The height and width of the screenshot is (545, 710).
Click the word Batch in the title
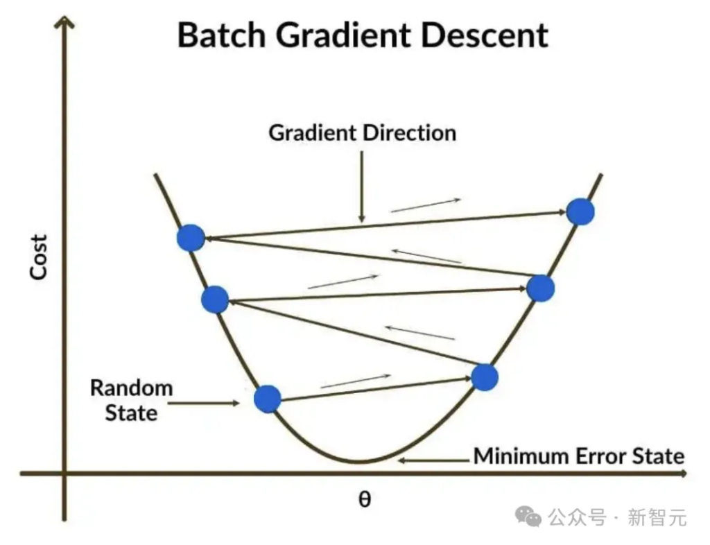[220, 35]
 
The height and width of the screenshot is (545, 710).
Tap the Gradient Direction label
[363, 132]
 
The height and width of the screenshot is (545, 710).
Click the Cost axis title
[39, 257]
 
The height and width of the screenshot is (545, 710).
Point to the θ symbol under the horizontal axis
[364, 499]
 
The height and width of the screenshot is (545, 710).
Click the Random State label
[131, 400]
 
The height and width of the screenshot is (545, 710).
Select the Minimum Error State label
[578, 456]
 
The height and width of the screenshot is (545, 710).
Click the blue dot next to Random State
[268, 399]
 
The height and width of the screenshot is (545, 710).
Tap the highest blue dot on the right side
[580, 211]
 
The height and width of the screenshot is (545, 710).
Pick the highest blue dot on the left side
[191, 238]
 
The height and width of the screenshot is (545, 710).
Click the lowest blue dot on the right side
[485, 377]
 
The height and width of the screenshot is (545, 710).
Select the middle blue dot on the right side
[540, 288]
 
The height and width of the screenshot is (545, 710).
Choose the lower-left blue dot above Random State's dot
[215, 300]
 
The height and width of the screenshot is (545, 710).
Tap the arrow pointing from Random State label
[205, 401]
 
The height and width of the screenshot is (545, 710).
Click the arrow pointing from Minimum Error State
[433, 458]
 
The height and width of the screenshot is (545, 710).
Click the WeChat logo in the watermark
[531, 516]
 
